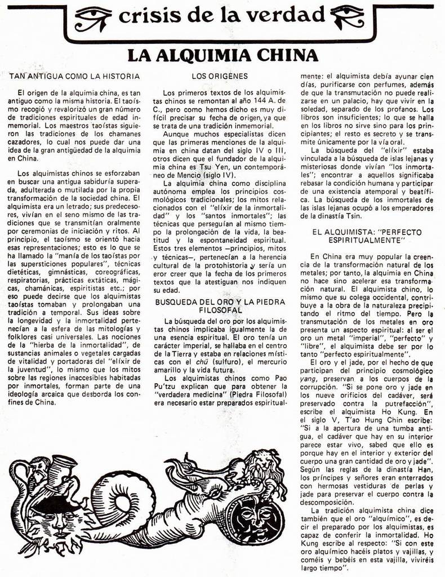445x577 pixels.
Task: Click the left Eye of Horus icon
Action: [x=93, y=19]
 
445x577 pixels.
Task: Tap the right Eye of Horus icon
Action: [x=349, y=17]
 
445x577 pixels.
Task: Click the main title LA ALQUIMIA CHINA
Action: [x=222, y=55]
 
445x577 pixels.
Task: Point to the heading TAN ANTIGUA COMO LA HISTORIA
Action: [x=74, y=76]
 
